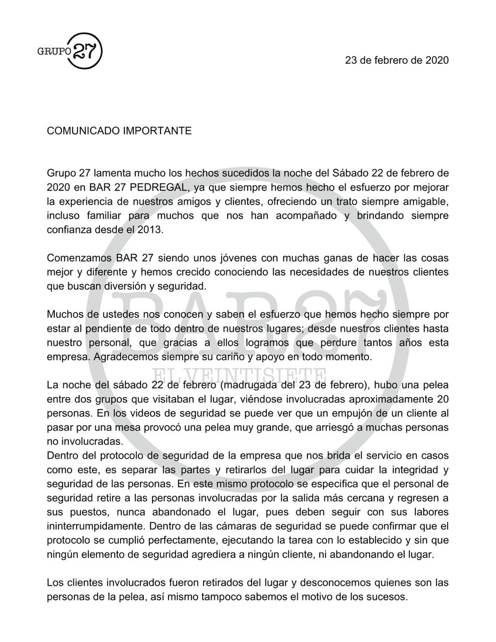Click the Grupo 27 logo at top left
pyautogui.click(x=70, y=50)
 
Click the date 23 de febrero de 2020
pyautogui.click(x=397, y=60)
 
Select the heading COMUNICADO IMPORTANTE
pyautogui.click(x=119, y=131)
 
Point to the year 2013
pyautogui.click(x=150, y=230)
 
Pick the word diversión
pyautogui.click(x=133, y=286)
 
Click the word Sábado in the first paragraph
pyautogui.click(x=350, y=174)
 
